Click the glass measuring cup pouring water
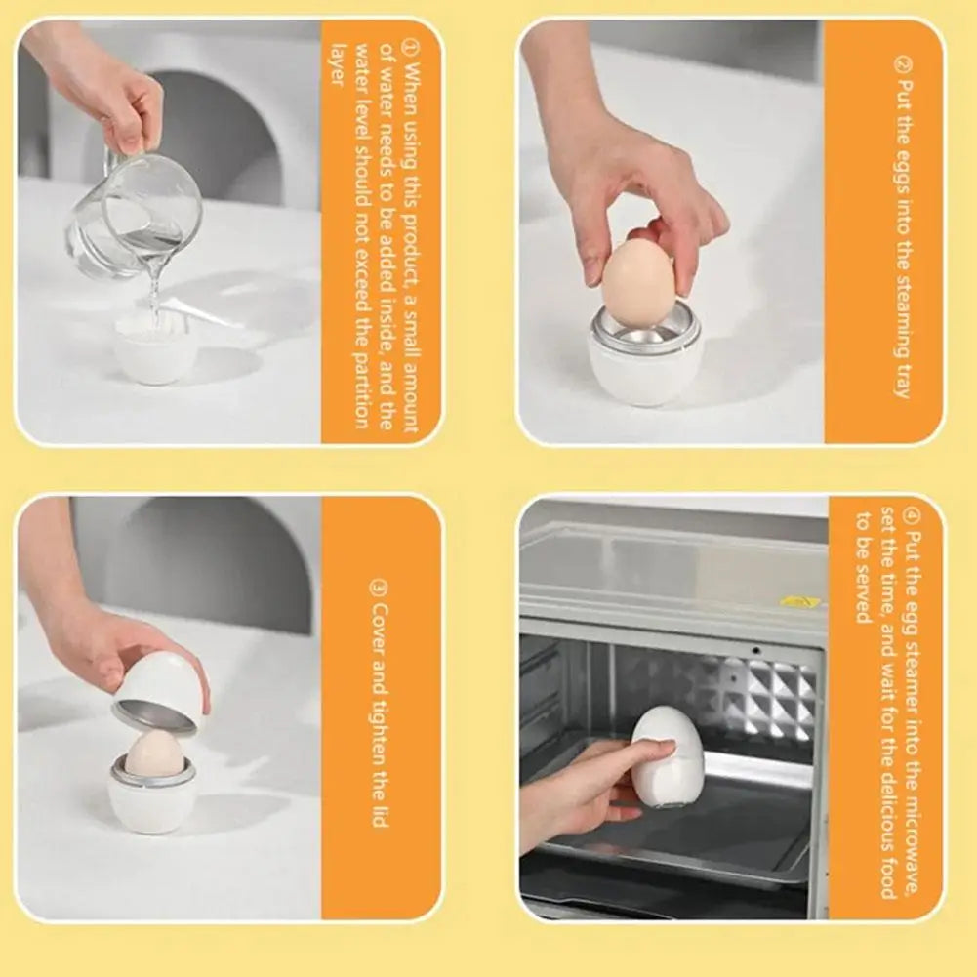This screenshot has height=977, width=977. click(134, 215)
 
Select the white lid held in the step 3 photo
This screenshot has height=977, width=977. click(159, 692)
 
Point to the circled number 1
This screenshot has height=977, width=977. click(409, 46)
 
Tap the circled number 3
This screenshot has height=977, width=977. click(380, 589)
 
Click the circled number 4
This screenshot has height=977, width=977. click(912, 515)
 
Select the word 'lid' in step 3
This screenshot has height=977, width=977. click(380, 814)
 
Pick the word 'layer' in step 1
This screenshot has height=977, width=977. click(337, 64)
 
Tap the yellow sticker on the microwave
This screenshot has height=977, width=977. click(800, 601)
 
